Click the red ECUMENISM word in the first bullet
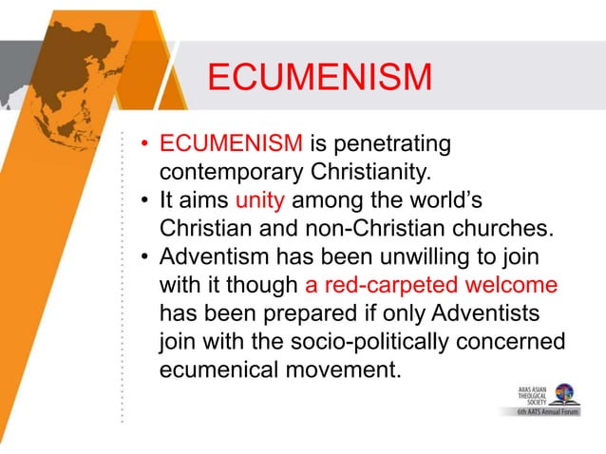230,145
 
